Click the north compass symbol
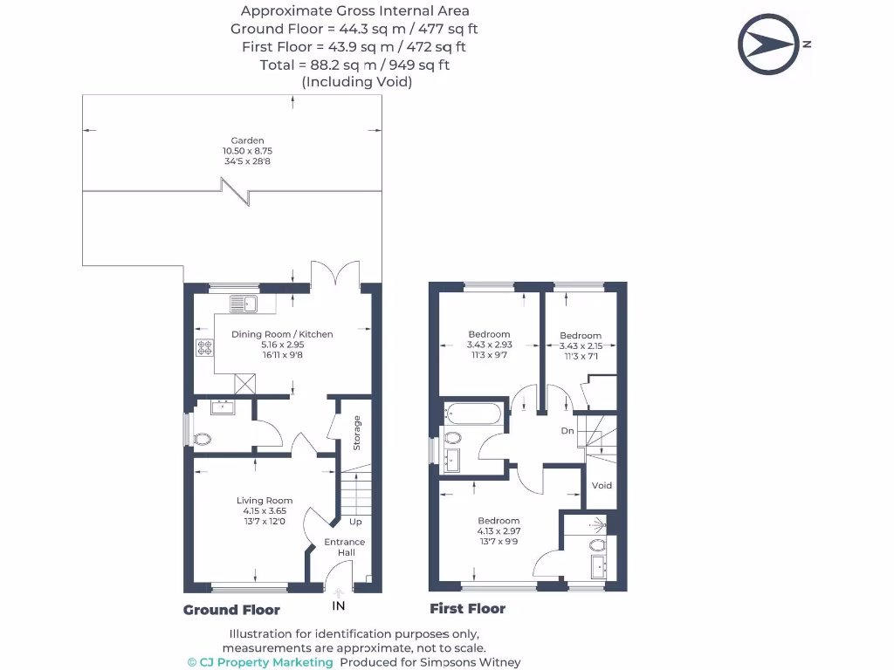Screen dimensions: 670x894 (769, 44)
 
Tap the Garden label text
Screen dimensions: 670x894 (247, 140)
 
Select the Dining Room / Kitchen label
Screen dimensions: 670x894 (282, 334)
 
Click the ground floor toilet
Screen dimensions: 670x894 (201, 438)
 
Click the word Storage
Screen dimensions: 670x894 (356, 433)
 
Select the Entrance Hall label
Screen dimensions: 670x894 (345, 547)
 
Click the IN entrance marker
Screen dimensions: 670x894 (339, 605)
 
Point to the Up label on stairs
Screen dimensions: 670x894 (355, 522)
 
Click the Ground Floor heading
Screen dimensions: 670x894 (231, 610)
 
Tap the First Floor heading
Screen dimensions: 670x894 (467, 609)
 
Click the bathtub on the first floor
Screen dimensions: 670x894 (472, 414)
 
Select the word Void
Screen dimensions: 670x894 (602, 486)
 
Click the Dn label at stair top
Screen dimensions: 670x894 (567, 431)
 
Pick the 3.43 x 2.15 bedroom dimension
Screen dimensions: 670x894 (581, 345)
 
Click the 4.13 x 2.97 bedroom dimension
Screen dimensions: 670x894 (499, 530)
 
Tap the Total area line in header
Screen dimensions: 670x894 (354, 65)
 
